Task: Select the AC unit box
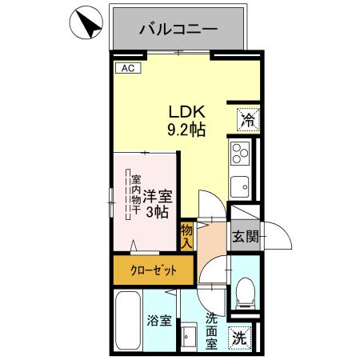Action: [x=127, y=69]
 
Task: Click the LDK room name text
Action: [x=187, y=113]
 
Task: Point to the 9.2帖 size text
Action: [x=187, y=130]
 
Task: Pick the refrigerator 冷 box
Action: [x=247, y=121]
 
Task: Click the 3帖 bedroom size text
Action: [x=157, y=212]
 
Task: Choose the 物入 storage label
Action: [x=186, y=235]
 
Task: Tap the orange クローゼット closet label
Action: [x=153, y=271]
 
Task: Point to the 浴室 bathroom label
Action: [x=158, y=322]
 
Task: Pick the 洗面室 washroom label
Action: [x=211, y=330]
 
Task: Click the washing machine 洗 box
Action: [x=240, y=338]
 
